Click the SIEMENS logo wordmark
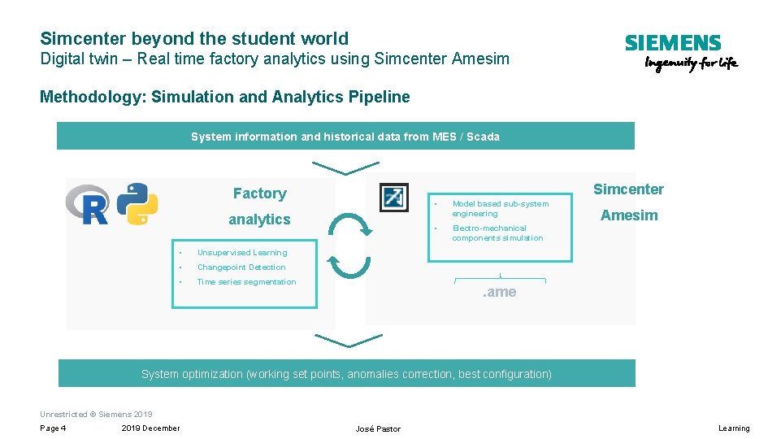pyautogui.click(x=672, y=44)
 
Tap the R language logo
pyautogui.click(x=87, y=204)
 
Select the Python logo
pyautogui.click(x=137, y=203)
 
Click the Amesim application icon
pyautogui.click(x=394, y=197)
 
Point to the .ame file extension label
pyautogui.click(x=499, y=293)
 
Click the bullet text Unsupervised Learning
pyautogui.click(x=242, y=253)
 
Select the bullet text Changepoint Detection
pyautogui.click(x=241, y=267)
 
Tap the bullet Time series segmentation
pyautogui.click(x=246, y=282)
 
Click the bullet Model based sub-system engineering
pyautogui.click(x=500, y=209)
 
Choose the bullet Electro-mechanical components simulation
pyautogui.click(x=497, y=233)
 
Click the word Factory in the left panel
pyautogui.click(x=259, y=193)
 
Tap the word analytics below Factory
pyautogui.click(x=259, y=219)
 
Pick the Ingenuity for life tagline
pyautogui.click(x=691, y=64)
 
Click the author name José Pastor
pyautogui.click(x=378, y=428)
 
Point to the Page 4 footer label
pyautogui.click(x=53, y=428)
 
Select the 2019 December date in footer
pyautogui.click(x=150, y=428)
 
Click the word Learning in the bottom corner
pyautogui.click(x=734, y=428)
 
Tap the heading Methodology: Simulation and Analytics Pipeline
pyautogui.click(x=225, y=98)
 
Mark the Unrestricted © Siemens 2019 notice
pyautogui.click(x=96, y=415)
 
